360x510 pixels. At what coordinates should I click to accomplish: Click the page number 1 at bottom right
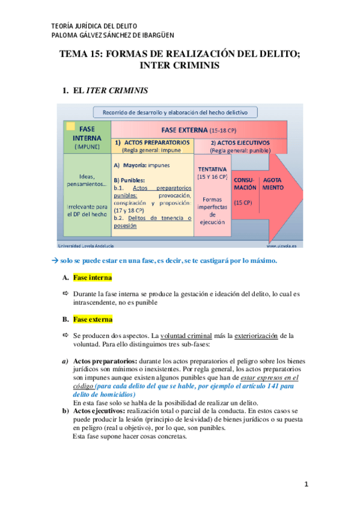pos(306,484)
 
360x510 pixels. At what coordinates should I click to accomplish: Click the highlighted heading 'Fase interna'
pos(92,278)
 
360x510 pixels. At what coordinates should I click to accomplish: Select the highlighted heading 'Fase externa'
pos(93,319)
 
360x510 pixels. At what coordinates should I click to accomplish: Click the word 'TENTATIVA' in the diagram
pos(212,170)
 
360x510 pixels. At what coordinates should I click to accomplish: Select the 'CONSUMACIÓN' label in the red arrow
pos(245,183)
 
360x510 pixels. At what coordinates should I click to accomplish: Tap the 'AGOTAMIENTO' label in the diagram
pos(272,183)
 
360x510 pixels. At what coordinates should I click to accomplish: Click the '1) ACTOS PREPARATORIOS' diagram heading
pos(153,143)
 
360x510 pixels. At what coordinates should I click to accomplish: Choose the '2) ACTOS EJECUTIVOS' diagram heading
pos(239,143)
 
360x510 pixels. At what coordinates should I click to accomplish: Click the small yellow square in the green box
pos(70,126)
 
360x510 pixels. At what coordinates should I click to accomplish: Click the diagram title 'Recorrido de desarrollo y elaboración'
pos(171,112)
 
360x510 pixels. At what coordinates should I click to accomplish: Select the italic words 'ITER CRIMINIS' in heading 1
pos(117,91)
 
